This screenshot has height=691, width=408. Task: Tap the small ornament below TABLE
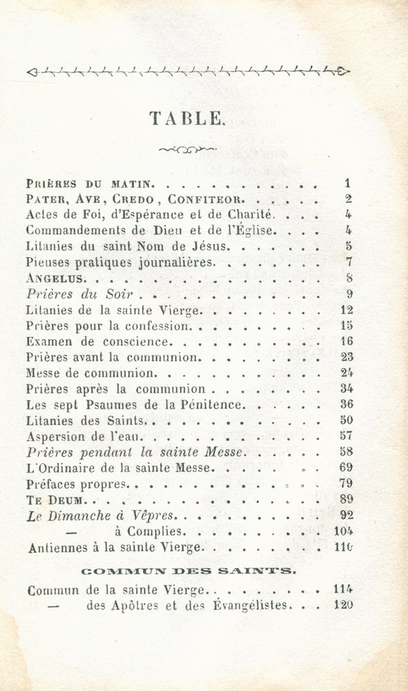187,148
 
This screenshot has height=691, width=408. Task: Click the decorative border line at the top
187,70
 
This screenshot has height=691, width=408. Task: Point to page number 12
347,310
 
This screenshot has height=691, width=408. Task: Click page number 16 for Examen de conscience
347,341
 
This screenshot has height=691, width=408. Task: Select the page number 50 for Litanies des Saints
347,420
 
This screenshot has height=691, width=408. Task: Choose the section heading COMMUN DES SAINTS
188,570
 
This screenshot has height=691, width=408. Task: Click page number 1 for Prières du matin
348,184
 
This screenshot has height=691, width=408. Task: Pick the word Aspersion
56,436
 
